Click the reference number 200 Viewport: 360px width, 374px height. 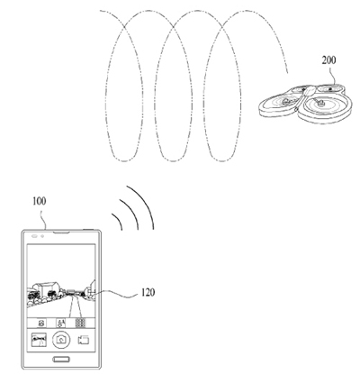328,60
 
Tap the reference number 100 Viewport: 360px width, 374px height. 40,201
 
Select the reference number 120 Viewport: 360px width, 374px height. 148,292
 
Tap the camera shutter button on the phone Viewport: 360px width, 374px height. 61,340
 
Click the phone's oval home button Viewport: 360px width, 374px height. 61,359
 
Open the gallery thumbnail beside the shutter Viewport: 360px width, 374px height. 39,340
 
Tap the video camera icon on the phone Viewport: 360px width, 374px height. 84,340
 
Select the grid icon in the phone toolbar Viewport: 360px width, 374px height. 80,323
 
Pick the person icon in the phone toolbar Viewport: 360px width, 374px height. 61,323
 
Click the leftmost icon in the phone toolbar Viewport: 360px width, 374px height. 41,324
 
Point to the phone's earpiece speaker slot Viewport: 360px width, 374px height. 61,233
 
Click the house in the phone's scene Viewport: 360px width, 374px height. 47,289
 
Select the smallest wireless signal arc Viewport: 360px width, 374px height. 119,220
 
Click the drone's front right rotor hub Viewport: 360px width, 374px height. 320,103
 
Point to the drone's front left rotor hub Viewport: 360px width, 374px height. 286,101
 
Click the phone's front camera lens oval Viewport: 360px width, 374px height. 34,236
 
